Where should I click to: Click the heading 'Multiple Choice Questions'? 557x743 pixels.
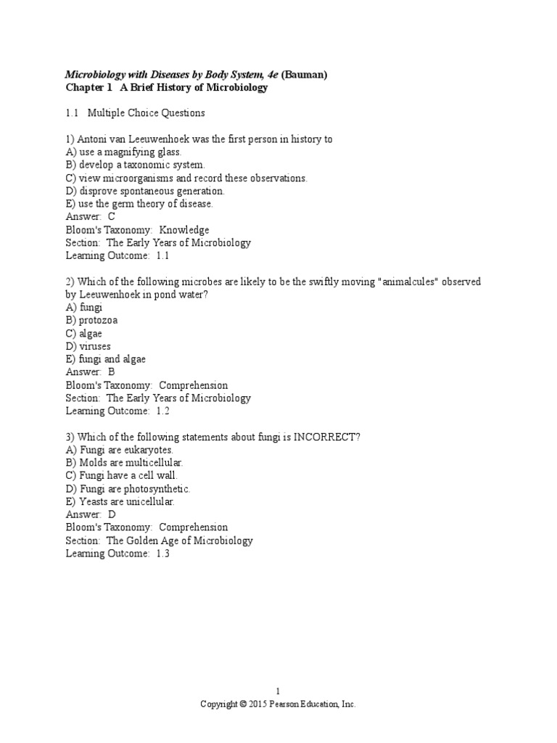click(146, 113)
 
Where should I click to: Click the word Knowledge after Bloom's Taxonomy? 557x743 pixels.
click(184, 230)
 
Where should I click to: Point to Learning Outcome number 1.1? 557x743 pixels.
click(162, 256)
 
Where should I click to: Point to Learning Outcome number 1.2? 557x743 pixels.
click(162, 411)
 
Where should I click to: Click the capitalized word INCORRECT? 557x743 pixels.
click(322, 437)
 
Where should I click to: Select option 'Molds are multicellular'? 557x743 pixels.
click(124, 462)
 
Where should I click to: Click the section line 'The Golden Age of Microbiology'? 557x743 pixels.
click(180, 541)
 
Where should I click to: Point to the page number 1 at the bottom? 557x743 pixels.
click(278, 691)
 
